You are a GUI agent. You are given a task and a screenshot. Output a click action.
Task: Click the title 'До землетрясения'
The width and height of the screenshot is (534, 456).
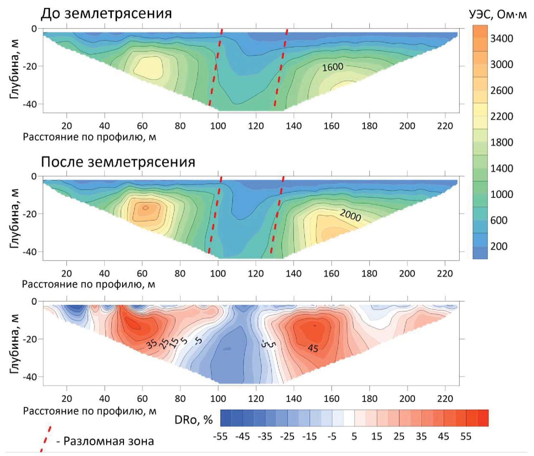coord(106,14)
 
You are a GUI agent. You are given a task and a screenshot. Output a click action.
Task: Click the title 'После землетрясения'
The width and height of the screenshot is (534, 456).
coord(118,162)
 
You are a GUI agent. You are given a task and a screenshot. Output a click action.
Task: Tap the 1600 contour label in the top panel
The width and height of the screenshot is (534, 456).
coord(333,67)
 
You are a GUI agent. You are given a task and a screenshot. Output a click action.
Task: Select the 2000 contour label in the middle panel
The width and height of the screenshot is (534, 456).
coord(350,216)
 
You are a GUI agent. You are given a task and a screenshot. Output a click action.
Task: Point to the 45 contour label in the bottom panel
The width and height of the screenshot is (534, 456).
coord(313,348)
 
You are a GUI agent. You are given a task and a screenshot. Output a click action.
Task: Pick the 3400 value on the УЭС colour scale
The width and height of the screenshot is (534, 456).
coord(502,38)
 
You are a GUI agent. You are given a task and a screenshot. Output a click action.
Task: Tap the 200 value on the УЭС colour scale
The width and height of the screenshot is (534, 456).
coord(499,246)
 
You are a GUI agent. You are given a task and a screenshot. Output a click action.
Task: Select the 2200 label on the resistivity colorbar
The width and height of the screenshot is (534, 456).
coord(502,116)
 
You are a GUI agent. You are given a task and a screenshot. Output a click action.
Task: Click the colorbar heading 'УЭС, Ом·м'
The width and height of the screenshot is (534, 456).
coord(498,15)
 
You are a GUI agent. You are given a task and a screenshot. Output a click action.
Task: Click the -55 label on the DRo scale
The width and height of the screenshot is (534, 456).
coord(220,437)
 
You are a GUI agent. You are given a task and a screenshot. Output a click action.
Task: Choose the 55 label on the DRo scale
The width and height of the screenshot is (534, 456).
coord(466,437)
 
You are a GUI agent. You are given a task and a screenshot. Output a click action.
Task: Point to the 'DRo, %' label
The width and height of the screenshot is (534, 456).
coord(194,420)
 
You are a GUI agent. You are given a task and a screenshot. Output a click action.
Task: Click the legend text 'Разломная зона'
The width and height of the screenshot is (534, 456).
coord(108,441)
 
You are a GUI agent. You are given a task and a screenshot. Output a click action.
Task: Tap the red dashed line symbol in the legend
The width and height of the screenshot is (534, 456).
coord(46,439)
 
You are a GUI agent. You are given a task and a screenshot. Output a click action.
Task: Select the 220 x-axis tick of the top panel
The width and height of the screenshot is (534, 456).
coord(445,126)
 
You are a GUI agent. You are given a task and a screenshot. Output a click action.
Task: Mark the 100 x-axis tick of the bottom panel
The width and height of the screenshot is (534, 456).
coord(218,399)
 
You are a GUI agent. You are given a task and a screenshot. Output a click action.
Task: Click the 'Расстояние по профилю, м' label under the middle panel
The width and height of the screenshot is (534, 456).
coord(89,284)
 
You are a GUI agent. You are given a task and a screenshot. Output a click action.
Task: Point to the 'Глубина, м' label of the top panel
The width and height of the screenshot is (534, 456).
coord(14,69)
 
